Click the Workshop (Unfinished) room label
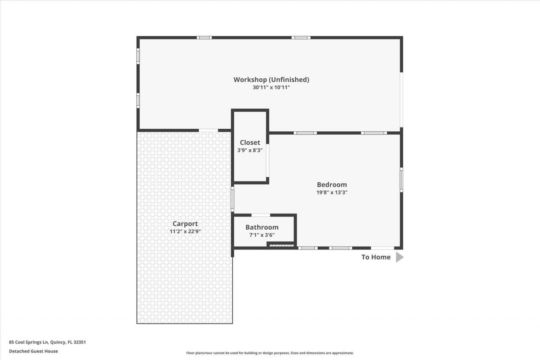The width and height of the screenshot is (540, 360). click(271, 79)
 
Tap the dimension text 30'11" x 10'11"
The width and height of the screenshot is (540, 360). click(271, 87)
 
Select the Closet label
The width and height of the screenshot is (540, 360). click(250, 142)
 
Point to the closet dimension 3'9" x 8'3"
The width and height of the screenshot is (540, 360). click(250, 150)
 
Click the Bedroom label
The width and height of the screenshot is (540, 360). click(332, 184)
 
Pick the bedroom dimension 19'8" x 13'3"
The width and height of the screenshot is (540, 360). click(332, 192)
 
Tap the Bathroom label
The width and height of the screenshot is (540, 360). click(262, 227)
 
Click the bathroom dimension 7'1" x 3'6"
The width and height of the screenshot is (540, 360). click(262, 235)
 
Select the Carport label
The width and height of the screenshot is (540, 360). click(185, 224)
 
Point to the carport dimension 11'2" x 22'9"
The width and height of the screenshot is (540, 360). click(185, 231)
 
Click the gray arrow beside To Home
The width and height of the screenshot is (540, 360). click(400, 257)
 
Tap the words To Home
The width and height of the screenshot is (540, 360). click(376, 257)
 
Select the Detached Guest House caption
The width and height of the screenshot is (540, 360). click(33, 351)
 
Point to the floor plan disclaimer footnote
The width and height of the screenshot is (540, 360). click(270, 353)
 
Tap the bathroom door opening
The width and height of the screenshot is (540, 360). click(261, 215)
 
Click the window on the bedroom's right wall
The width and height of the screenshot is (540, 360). click(401, 180)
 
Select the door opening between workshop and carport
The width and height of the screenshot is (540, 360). click(208, 130)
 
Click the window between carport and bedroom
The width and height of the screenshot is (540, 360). click(232, 199)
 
